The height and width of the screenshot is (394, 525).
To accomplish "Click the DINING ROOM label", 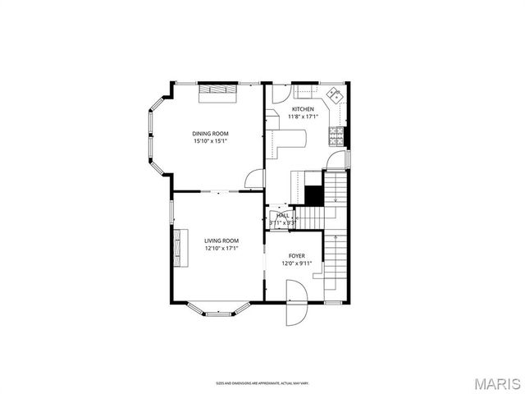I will pos(210,133).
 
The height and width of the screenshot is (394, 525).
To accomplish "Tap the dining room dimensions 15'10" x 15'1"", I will pos(210,141).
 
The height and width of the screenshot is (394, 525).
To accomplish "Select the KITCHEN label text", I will pos(303,109).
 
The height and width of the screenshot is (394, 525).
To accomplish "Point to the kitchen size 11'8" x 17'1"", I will pos(303,117).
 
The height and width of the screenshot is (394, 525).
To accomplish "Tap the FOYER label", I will pos(296,256).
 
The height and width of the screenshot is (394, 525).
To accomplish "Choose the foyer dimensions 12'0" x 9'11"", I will pos(296,263).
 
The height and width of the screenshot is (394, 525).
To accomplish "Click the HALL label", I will pos(282,215).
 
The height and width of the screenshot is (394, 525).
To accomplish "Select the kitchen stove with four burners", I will pos(336,133).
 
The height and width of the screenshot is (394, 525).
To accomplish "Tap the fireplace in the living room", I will pos(176,246).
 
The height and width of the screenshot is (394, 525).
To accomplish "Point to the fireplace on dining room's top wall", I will pos(219,90).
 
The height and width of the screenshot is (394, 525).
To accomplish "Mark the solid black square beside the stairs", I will pos(313,195).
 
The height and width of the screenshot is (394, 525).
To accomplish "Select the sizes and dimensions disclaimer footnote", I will pos(262,383).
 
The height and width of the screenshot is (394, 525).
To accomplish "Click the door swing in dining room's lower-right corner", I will pos(255,181).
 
